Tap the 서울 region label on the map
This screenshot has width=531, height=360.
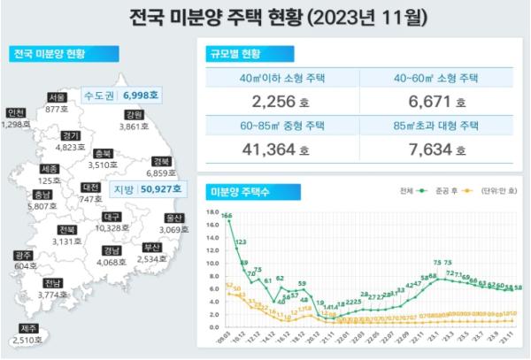58,97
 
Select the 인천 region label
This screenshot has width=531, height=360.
15,113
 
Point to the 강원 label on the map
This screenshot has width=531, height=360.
134,115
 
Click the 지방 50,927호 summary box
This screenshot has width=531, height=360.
148,188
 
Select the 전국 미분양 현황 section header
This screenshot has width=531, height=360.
50,54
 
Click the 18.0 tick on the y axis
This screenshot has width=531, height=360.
211,212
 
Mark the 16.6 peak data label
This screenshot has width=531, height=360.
227,215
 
